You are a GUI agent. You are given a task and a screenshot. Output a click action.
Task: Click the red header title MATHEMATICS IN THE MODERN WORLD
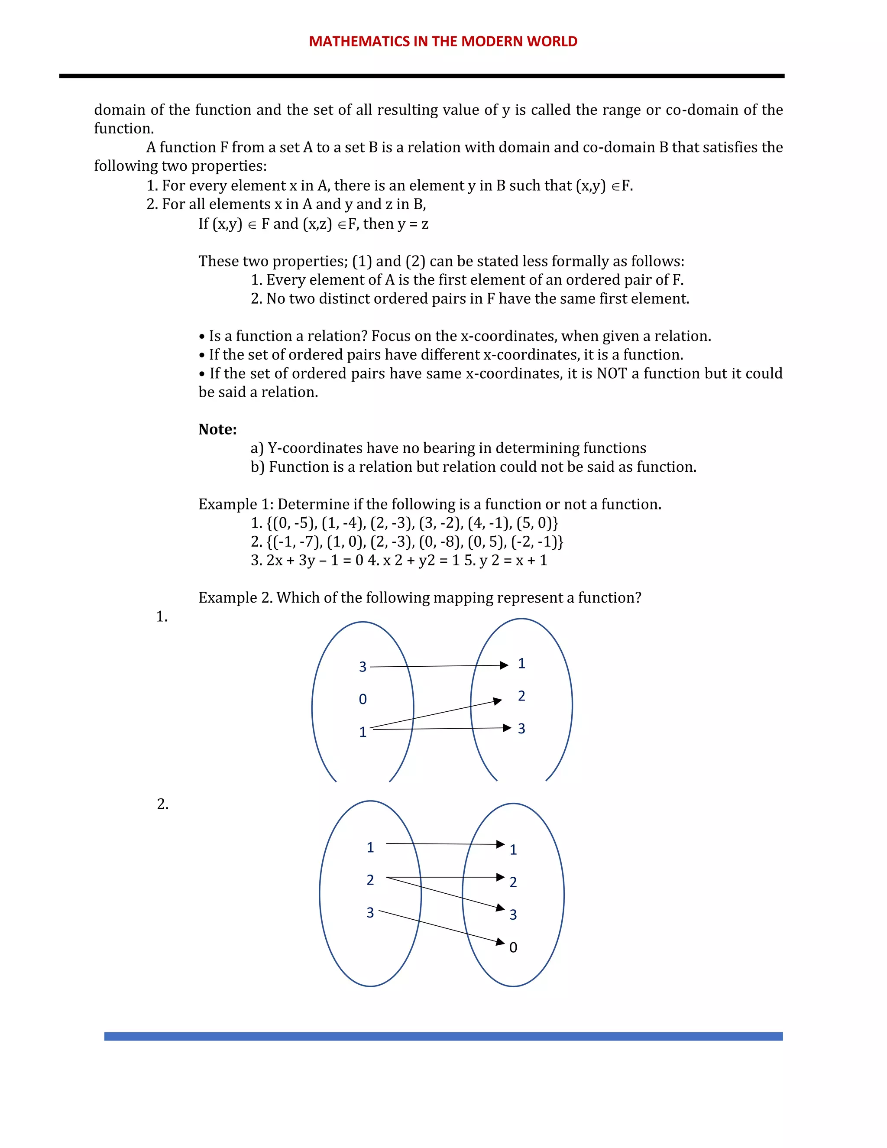point(443,42)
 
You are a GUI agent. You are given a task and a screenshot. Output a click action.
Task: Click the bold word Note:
point(217,429)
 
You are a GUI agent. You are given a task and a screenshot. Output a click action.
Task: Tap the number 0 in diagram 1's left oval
point(363,700)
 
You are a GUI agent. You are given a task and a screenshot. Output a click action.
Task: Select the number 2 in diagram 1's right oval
point(521,696)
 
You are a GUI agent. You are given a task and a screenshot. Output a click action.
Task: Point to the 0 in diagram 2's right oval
point(513,948)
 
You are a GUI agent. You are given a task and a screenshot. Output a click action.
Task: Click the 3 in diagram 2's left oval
point(370,913)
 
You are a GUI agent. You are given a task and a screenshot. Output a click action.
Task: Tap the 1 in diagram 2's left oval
point(370,848)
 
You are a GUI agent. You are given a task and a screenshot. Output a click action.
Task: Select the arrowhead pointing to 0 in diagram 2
point(500,941)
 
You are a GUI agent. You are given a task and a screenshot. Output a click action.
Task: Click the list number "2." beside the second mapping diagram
point(163,804)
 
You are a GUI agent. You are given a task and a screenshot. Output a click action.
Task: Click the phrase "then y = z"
point(395,224)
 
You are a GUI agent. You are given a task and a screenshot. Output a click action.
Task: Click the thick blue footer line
point(443,1036)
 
